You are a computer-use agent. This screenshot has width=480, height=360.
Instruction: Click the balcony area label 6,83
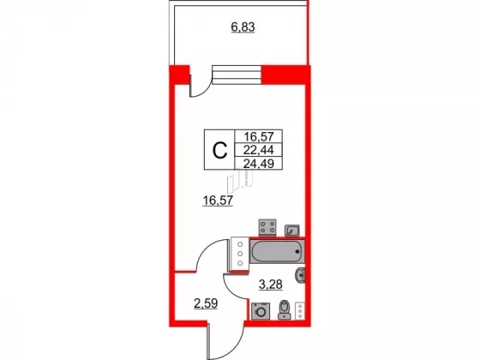point(243,27)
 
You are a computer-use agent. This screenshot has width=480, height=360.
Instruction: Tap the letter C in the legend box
point(219,150)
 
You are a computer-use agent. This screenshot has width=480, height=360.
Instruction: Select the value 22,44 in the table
point(258,150)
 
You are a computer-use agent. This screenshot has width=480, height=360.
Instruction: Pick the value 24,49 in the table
point(258,164)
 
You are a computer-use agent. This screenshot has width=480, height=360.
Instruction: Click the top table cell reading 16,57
point(258,136)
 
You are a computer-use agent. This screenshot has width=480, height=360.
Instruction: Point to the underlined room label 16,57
point(218,201)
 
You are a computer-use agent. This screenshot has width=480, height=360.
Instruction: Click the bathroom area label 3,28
point(271,285)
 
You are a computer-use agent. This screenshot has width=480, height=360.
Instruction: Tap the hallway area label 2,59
point(206,303)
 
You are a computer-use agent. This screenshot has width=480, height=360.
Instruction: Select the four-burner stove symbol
point(267,227)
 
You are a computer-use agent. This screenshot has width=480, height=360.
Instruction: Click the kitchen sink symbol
point(292,231)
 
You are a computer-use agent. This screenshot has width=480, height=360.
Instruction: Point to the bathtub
point(277,252)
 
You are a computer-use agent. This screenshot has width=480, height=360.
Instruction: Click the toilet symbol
point(285,309)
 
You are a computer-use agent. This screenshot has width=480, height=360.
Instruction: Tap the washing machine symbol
point(261,311)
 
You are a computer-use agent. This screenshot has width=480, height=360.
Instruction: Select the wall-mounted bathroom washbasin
point(300,275)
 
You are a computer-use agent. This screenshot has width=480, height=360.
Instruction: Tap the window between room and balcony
point(237,75)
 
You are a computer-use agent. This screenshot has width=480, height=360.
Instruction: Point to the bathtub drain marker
point(297,252)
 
